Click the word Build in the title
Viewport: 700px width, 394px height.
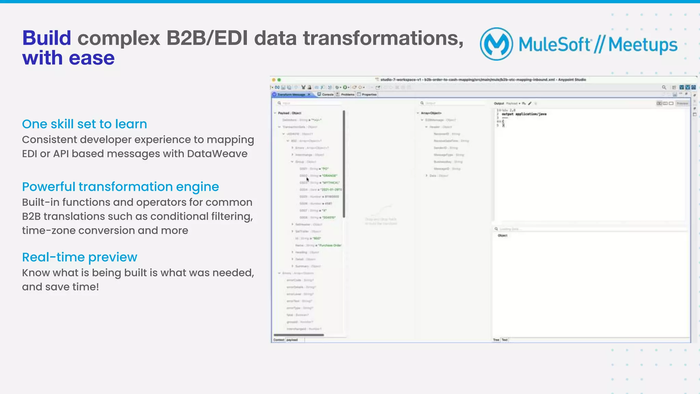46,38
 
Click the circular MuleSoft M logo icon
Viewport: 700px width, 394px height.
496,44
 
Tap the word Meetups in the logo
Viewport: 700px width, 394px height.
643,45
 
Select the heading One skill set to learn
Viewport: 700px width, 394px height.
84,124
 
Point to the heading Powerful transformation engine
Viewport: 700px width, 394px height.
120,187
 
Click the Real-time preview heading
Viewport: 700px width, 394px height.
80,257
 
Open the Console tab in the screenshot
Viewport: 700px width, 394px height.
327,94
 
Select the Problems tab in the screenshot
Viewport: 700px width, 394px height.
347,94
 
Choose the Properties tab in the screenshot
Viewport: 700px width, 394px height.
369,94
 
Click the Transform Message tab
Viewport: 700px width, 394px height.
291,94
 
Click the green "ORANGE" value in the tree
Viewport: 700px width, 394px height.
329,176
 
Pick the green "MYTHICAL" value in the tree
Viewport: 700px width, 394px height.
331,182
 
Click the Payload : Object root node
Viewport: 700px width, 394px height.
290,113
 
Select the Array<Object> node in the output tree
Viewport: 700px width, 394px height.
431,113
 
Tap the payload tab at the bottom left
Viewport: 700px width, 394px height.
292,340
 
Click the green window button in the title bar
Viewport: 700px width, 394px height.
279,80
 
